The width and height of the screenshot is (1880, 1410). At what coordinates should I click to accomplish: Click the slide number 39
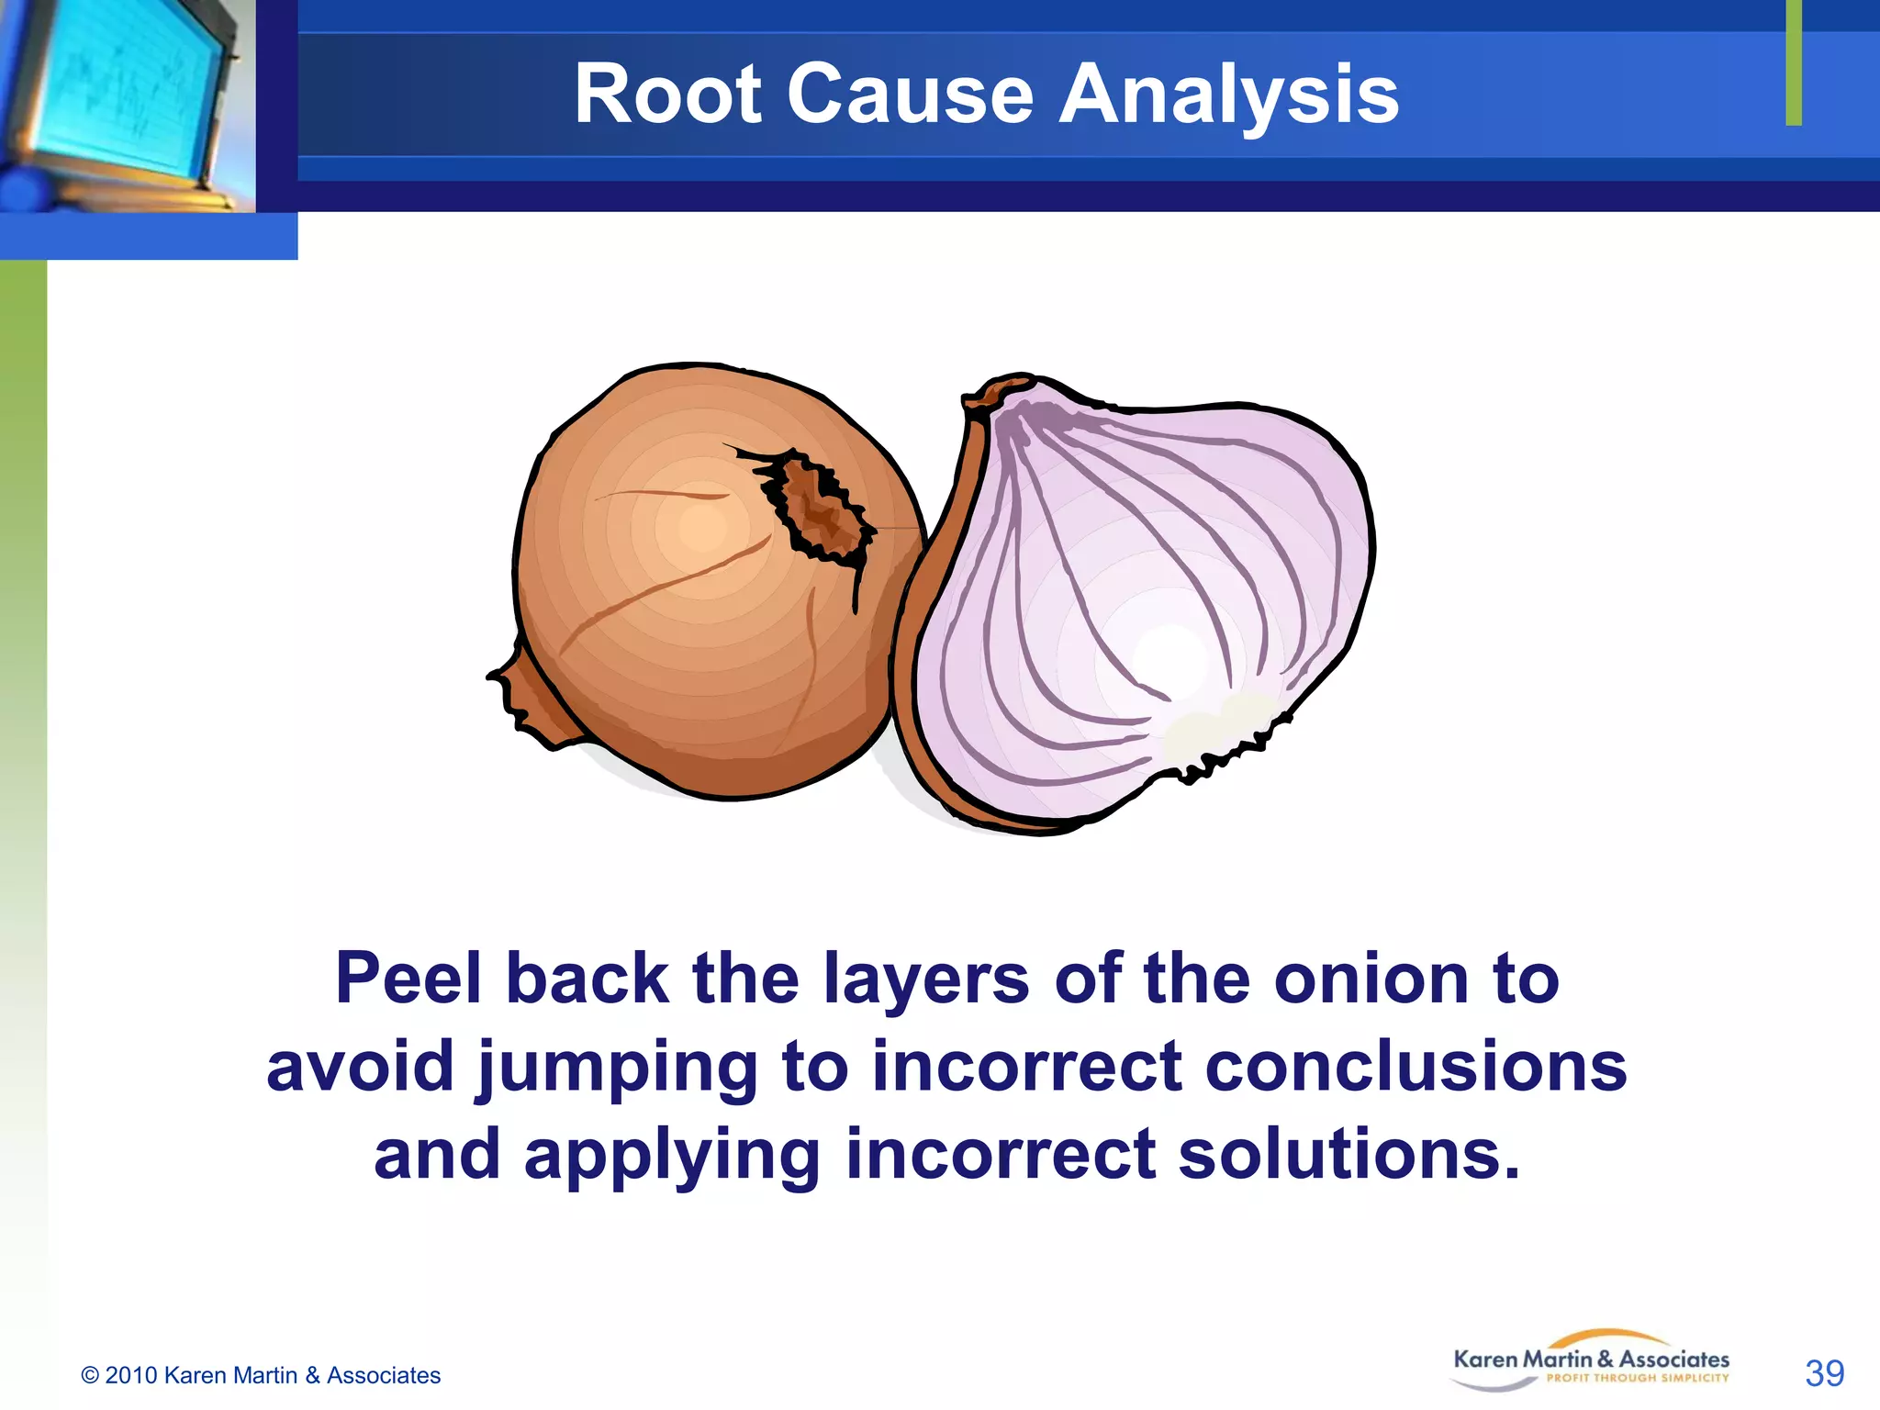[x=1823, y=1373]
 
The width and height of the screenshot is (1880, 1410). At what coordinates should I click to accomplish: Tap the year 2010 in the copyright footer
[x=131, y=1375]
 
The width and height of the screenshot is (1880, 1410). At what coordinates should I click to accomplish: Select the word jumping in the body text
[x=617, y=1068]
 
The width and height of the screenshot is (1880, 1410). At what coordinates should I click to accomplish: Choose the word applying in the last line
[x=671, y=1156]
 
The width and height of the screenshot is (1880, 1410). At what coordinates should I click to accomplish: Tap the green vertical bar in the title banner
[x=1793, y=62]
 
